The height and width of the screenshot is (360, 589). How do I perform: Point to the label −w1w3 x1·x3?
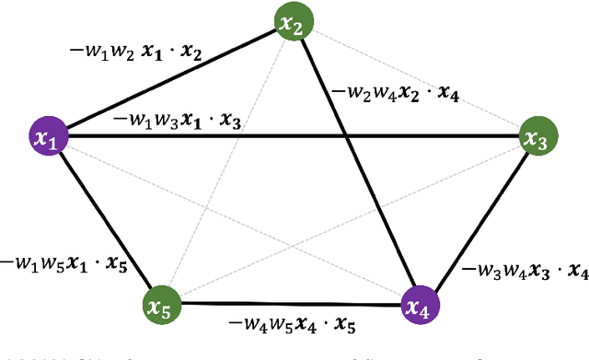pos(177,120)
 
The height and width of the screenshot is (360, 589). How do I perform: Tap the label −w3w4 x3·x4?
pos(525,270)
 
